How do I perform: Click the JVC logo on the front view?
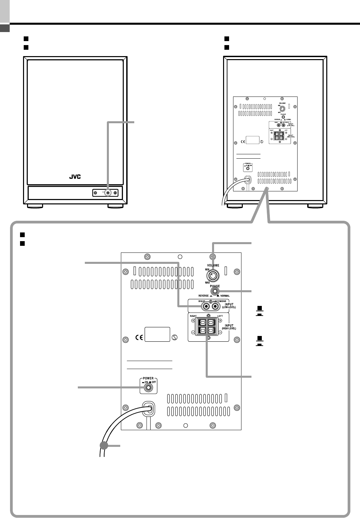75,177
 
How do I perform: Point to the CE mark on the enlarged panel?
140,337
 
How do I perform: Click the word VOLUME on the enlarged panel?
213,265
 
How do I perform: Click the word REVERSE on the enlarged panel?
203,296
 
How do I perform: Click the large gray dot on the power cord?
104,446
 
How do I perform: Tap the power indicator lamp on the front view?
108,193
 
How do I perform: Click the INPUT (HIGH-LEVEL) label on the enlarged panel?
229,327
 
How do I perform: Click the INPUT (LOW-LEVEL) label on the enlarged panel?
229,306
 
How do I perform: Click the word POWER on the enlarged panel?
148,379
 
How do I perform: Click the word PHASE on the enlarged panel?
215,286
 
